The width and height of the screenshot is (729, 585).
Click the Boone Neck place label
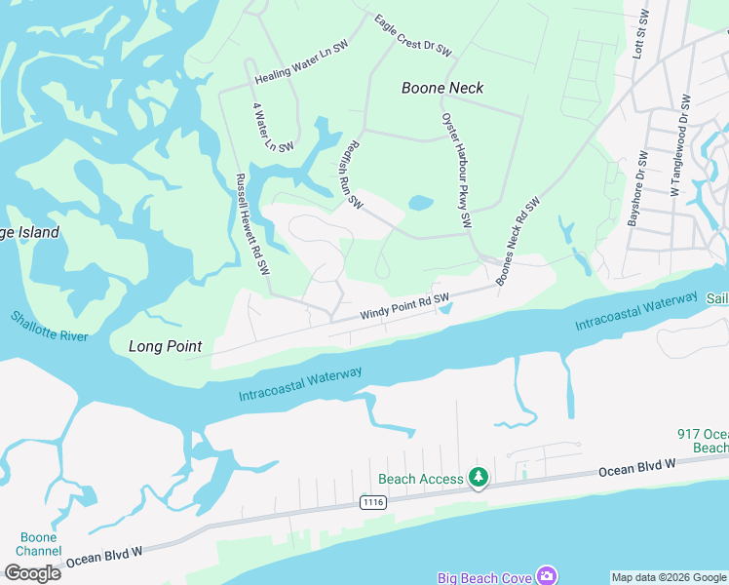tap(442, 88)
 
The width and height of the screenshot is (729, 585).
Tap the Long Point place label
tap(166, 346)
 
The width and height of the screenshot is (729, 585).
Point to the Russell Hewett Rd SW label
tap(251, 224)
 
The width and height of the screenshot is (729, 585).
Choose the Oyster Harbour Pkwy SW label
tap(457, 172)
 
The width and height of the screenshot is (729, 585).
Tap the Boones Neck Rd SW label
tap(518, 241)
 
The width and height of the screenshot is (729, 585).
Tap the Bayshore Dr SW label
tap(638, 189)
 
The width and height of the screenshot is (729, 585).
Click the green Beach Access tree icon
tap(479, 478)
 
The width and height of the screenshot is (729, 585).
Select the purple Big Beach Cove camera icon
tap(548, 577)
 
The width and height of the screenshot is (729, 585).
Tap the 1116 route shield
tap(372, 502)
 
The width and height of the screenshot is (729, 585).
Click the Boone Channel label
tap(39, 544)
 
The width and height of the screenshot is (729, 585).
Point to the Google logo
tap(32, 573)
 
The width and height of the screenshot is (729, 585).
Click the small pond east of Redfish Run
tap(421, 204)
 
